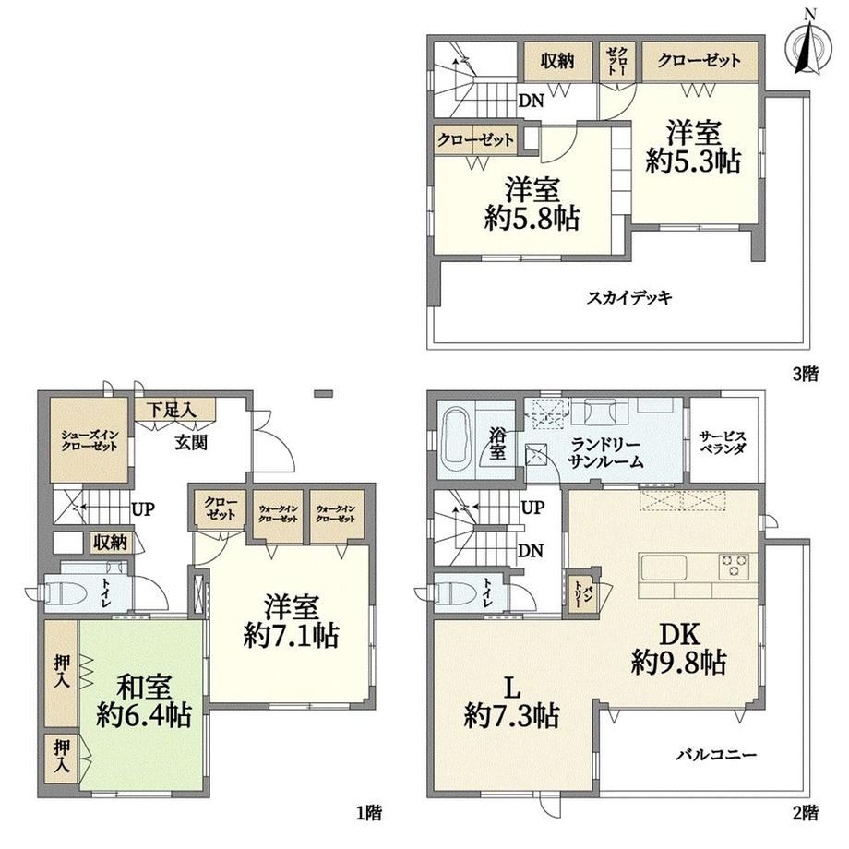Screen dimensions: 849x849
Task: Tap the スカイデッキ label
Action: coord(629,298)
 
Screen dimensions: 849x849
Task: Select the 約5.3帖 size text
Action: coord(694,161)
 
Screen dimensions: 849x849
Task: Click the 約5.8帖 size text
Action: coord(532,219)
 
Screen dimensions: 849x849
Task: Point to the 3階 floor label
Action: coord(806,374)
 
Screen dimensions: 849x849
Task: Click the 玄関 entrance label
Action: coord(191,443)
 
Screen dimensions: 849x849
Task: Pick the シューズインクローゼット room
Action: coord(90,441)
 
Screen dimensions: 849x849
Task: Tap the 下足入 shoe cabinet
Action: coord(175,410)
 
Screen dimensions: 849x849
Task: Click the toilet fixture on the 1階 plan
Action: coord(65,592)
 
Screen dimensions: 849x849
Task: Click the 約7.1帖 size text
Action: coord(291,636)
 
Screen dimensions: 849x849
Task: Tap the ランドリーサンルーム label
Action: coord(606,453)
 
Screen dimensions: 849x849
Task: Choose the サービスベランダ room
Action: coord(723,439)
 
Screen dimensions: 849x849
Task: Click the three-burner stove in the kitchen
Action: coord(734,567)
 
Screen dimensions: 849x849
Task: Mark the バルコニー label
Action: coord(715,754)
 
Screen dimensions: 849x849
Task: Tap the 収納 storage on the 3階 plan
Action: coord(557,61)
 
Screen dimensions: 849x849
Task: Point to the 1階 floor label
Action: coord(369,812)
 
